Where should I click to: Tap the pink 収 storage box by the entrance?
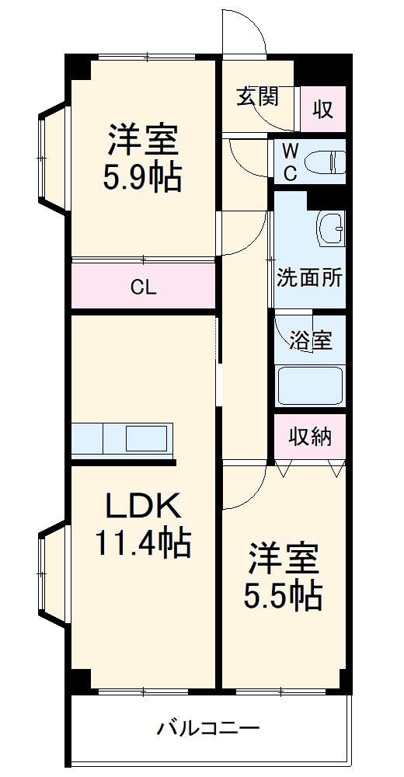(x=322, y=109)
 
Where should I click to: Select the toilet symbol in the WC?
(x=325, y=162)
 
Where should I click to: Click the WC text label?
(x=289, y=162)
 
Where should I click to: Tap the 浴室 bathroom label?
(x=311, y=340)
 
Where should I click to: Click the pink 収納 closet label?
(x=310, y=437)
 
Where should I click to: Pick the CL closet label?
(x=143, y=287)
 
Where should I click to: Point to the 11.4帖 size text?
(x=142, y=543)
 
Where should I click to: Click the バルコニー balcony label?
(x=208, y=729)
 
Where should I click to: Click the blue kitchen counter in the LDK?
(x=123, y=439)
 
